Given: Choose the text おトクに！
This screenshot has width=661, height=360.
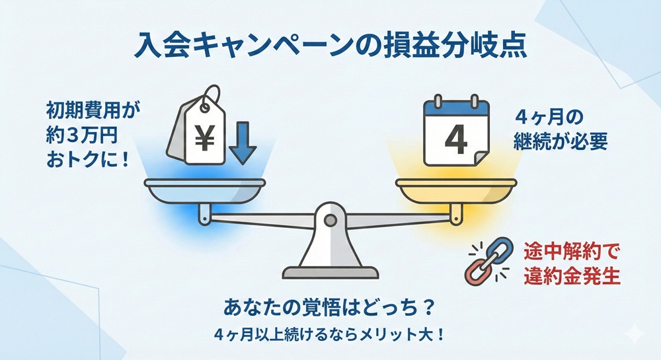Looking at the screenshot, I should [87, 161].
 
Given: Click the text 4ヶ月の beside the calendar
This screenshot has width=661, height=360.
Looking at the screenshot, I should [548, 118].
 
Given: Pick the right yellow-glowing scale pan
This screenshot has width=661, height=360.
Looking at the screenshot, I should [454, 192].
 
